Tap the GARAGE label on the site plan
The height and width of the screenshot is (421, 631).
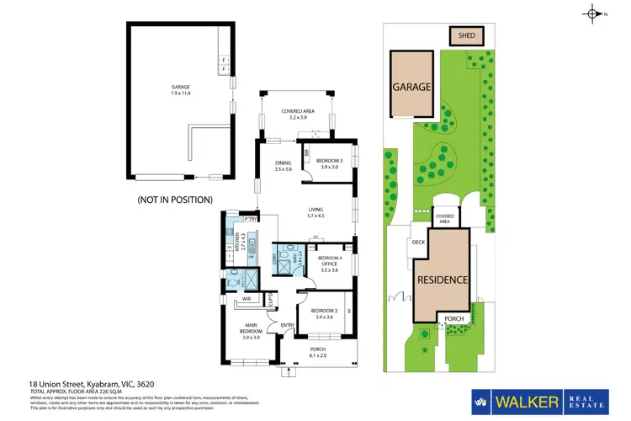click(411, 87)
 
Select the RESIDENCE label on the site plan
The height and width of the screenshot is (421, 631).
click(441, 280)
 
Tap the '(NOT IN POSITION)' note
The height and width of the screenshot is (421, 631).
click(175, 200)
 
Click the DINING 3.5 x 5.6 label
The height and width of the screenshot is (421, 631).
click(282, 166)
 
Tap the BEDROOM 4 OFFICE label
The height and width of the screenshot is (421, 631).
click(330, 264)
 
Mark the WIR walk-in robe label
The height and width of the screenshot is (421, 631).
click(248, 297)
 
